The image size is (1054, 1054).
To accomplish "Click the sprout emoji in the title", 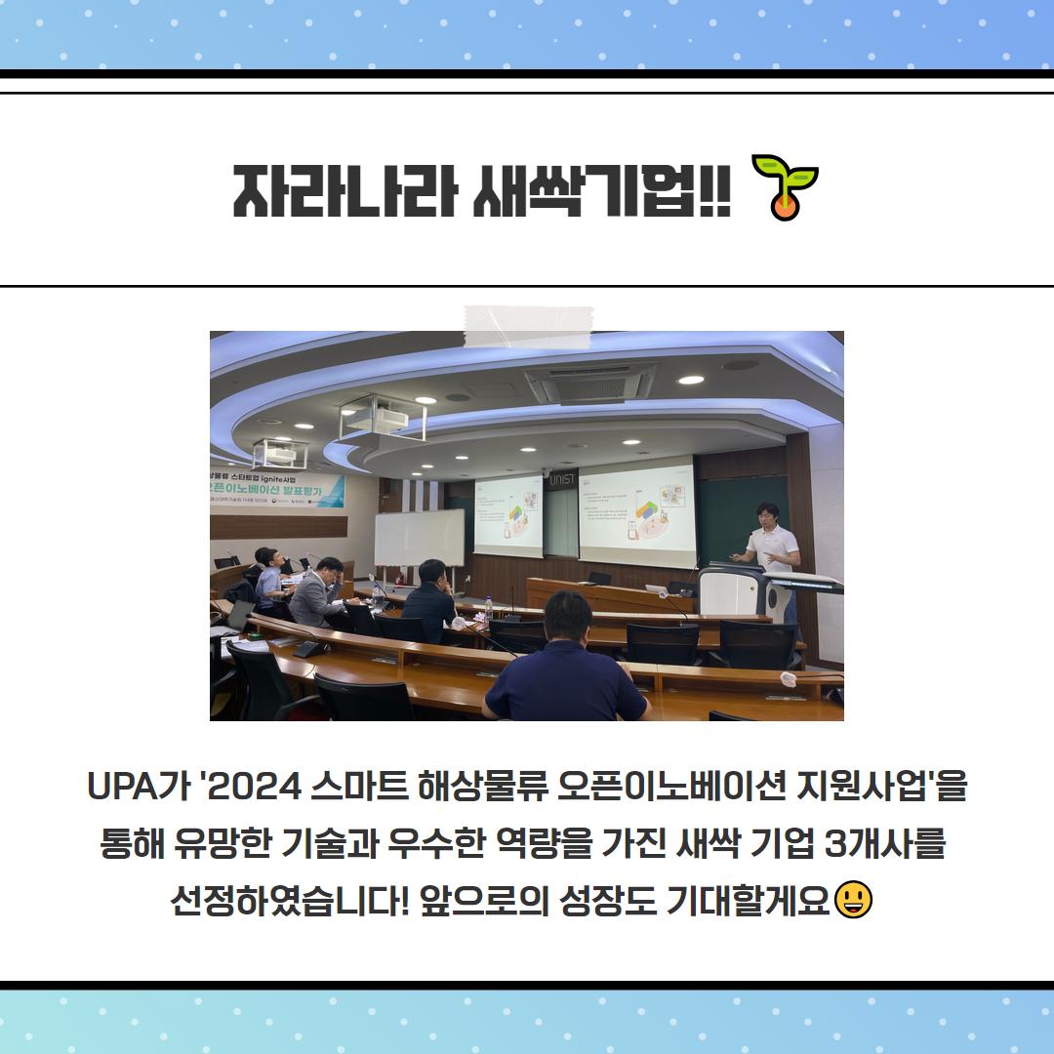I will pyautogui.click(x=785, y=185).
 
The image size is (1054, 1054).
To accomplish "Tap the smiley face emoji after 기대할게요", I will pyautogui.click(x=854, y=899).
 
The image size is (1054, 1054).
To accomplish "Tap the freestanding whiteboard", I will pyautogui.click(x=419, y=538).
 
